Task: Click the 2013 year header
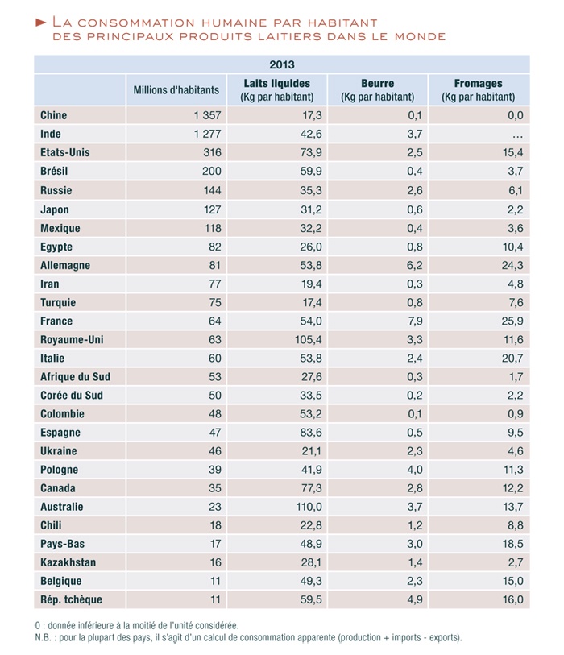pos(282,64)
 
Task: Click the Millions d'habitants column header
pos(176,90)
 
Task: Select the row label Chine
pos(54,116)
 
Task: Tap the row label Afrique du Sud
pos(76,376)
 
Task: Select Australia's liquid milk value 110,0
pos(309,507)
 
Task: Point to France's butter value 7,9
pos(414,321)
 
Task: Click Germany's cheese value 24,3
pos(512,265)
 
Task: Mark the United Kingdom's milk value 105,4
pos(309,339)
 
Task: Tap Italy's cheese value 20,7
pos(512,358)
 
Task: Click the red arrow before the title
pos(41,22)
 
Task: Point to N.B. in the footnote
pos(46,637)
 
